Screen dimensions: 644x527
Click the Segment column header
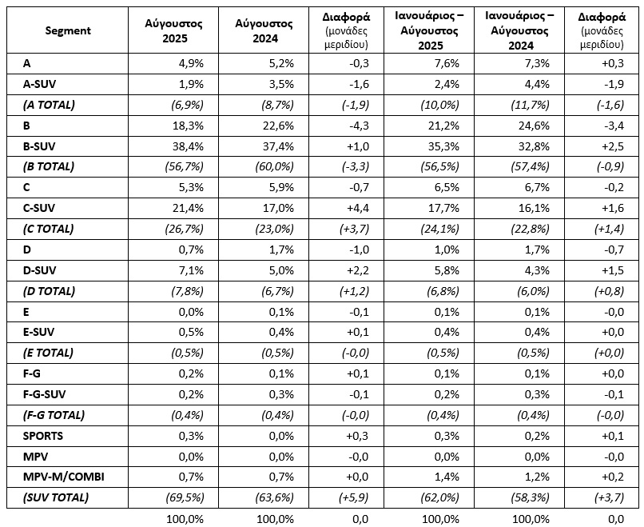pyautogui.click(x=68, y=30)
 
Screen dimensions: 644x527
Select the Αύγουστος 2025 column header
pyautogui.click(x=173, y=31)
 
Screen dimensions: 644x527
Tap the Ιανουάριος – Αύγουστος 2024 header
pyautogui.click(x=519, y=31)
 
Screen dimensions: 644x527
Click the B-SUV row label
pyautogui.click(x=39, y=146)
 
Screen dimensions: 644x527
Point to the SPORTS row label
pyautogui.click(x=43, y=436)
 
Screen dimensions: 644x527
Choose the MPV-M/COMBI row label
pyautogui.click(x=64, y=477)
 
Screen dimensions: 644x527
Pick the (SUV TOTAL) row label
pyautogui.click(x=56, y=497)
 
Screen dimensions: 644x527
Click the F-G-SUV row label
pyautogui.click(x=45, y=394)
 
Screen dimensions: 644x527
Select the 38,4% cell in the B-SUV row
pyautogui.click(x=188, y=146)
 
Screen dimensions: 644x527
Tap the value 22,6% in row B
pyautogui.click(x=278, y=126)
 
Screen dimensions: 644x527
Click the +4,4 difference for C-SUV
pyautogui.click(x=358, y=208)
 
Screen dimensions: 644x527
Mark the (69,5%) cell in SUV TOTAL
pyautogui.click(x=185, y=497)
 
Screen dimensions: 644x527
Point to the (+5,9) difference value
pyautogui.click(x=354, y=497)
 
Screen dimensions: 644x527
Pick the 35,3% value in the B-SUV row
pyautogui.click(x=443, y=146)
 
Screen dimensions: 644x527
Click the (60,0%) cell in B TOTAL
pyautogui.click(x=275, y=166)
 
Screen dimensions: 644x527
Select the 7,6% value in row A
pyautogui.click(x=447, y=63)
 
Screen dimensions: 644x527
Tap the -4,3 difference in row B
pyautogui.click(x=360, y=126)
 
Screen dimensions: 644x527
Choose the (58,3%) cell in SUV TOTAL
pyautogui.click(x=530, y=497)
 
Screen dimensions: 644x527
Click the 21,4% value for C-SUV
pyautogui.click(x=188, y=208)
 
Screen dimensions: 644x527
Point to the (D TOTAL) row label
pyautogui.click(x=49, y=291)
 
